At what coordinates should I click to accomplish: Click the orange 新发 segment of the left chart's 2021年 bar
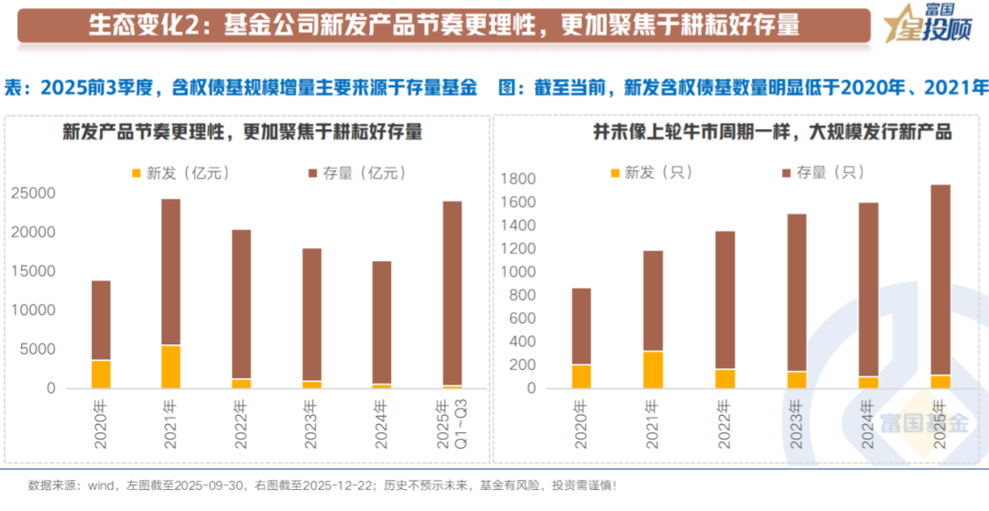pos(171,366)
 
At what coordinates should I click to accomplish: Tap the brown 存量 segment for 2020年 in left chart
pos(101,321)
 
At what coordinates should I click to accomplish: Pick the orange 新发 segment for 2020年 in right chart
pos(581,376)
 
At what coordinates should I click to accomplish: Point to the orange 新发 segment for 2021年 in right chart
pos(653,369)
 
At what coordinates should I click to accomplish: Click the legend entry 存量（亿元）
pos(349,172)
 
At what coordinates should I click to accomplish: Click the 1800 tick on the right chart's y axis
pos(518,179)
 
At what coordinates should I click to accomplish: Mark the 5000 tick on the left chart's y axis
pos(38,350)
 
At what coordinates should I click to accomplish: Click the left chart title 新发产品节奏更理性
pos(242,133)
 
